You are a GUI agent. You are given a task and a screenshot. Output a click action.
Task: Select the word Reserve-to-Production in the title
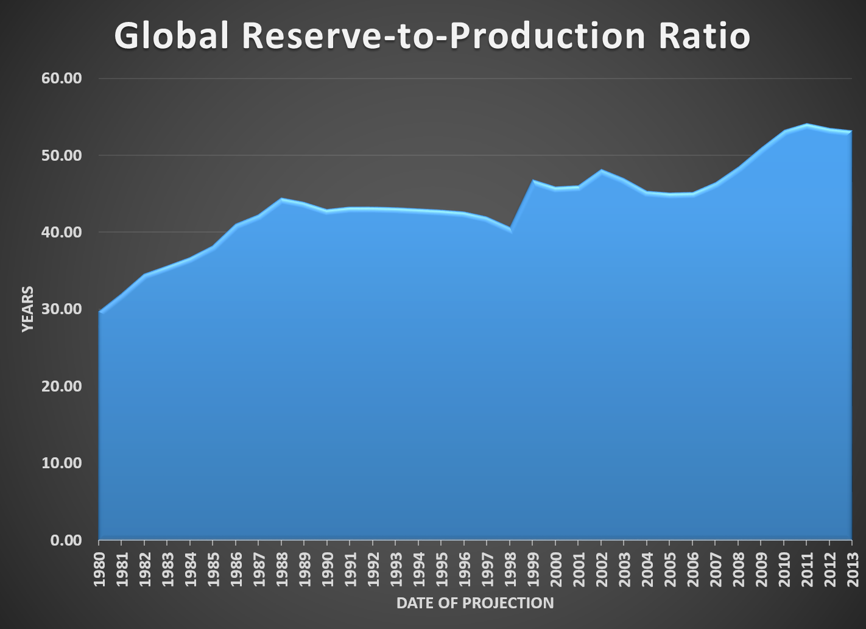[443, 36]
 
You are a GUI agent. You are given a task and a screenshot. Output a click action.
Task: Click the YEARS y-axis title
[27, 309]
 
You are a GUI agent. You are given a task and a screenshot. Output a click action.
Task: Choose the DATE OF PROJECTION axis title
[475, 603]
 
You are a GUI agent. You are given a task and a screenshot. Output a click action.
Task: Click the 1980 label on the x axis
[100, 569]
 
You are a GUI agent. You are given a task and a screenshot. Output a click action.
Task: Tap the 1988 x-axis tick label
[282, 569]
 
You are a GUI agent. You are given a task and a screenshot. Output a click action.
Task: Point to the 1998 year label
[510, 569]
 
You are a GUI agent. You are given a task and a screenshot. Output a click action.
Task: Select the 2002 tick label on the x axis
[602, 569]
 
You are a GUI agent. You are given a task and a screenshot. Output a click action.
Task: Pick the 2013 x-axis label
[852, 569]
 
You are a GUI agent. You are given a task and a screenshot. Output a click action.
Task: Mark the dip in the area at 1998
[510, 229]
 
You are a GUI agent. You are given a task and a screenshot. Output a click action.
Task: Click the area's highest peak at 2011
[806, 125]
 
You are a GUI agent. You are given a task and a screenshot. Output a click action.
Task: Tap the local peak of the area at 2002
[601, 170]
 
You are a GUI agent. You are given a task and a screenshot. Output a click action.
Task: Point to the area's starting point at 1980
[100, 312]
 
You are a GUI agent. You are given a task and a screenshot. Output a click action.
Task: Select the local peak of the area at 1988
[281, 199]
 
